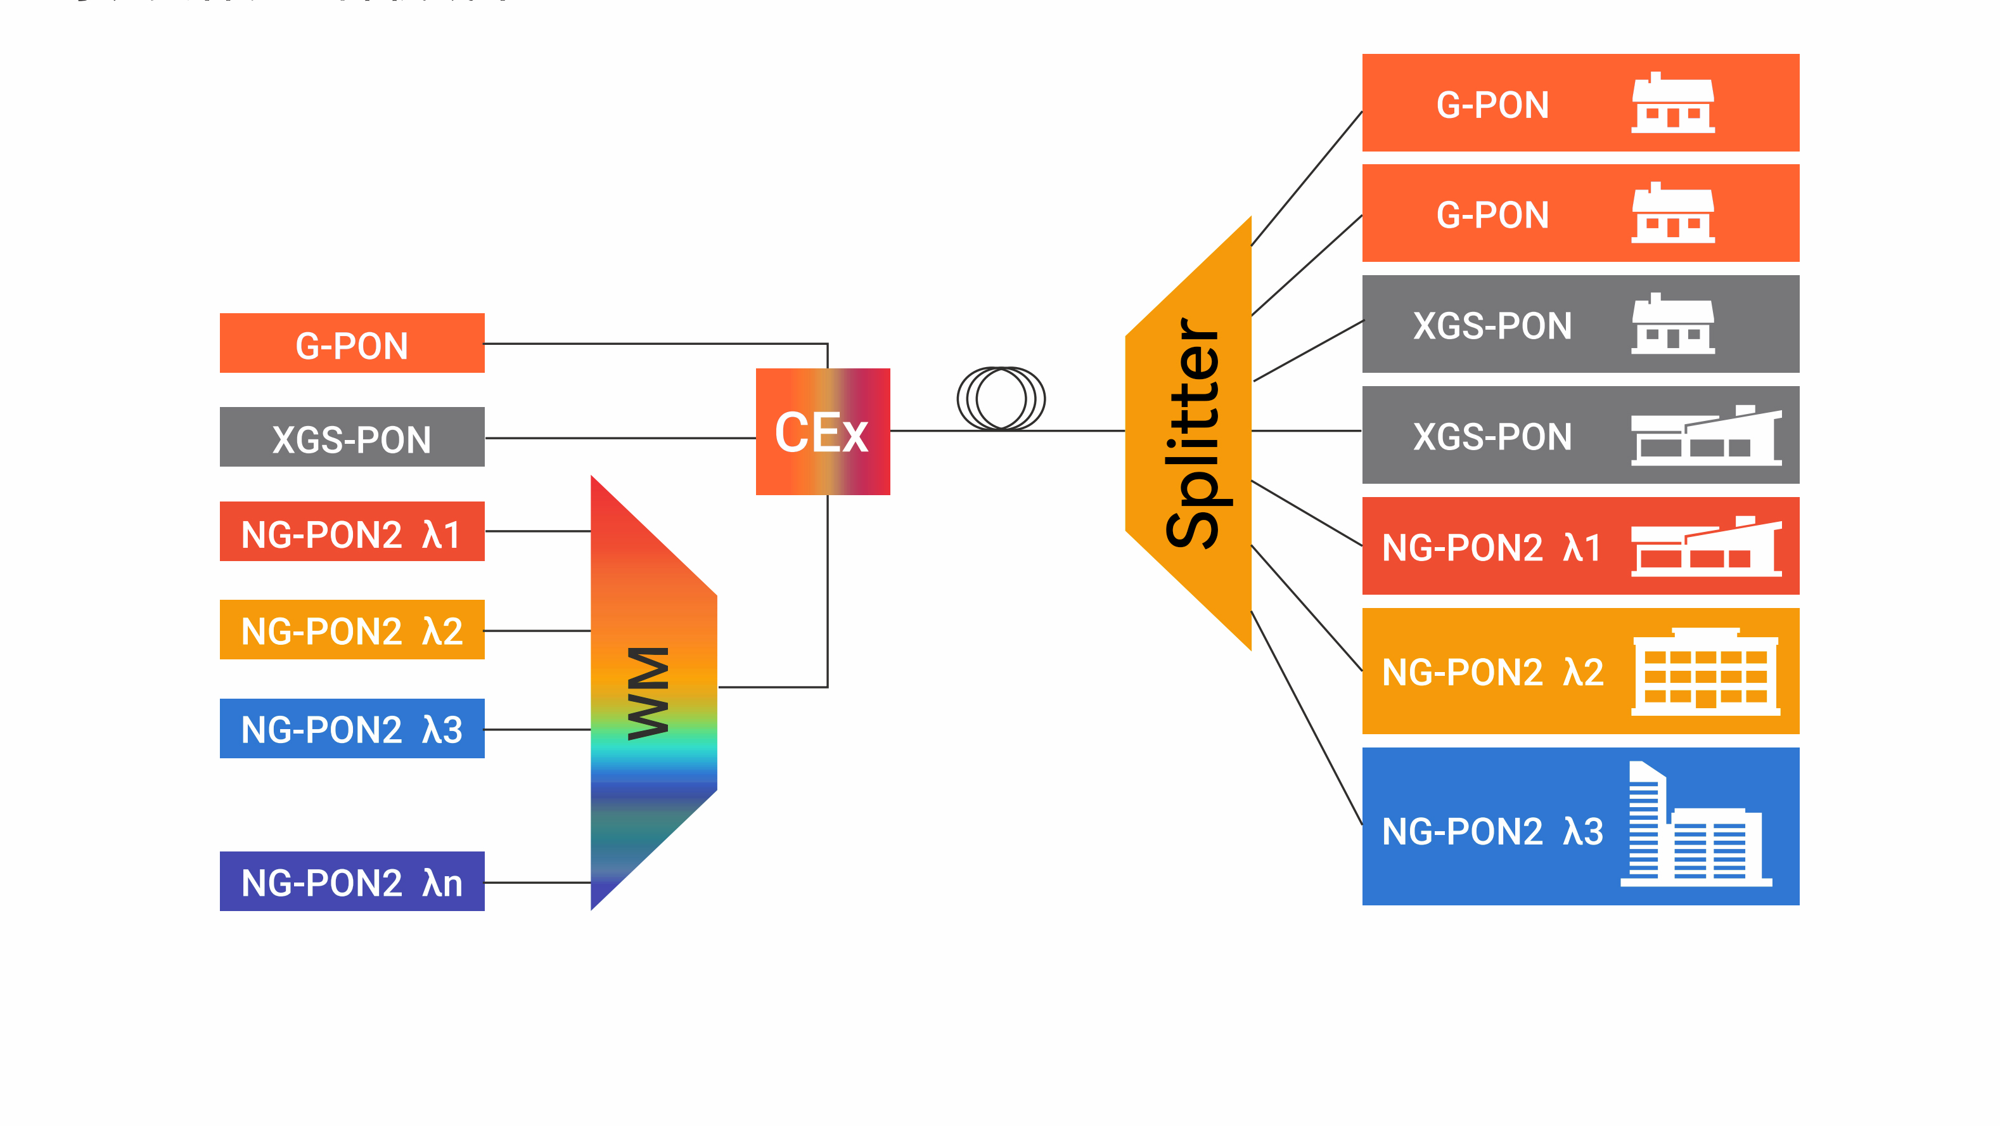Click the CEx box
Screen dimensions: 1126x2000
coord(822,432)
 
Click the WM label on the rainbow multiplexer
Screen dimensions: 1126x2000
coord(648,694)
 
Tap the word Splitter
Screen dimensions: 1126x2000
coord(1193,432)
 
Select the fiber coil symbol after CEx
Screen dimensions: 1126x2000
coord(1001,398)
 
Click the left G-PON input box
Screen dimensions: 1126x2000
coord(352,343)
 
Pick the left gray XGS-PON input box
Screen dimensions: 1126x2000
coord(352,437)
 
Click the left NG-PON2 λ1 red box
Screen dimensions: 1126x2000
coord(352,532)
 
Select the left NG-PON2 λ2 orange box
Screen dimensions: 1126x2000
coord(352,630)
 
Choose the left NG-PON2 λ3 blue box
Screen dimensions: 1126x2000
coord(352,728)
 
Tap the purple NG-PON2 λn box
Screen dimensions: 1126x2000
coord(352,881)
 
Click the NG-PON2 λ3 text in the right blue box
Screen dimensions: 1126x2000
coord(1492,832)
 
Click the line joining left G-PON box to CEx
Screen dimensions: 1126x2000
coord(656,343)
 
